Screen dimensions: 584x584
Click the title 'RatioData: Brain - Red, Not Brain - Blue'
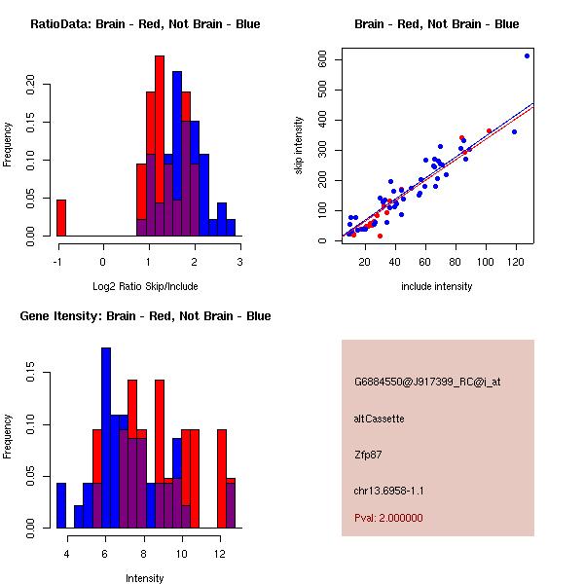[x=145, y=24]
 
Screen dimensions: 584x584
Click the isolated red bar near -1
[x=60, y=217]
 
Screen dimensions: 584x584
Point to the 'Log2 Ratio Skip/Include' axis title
[x=145, y=286]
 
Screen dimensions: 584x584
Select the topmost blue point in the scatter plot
[x=527, y=56]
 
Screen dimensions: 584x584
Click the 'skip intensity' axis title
[x=299, y=145]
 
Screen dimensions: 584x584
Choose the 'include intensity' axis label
[x=436, y=286]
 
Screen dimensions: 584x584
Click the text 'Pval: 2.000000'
[x=388, y=518]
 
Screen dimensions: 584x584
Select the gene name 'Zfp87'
[x=368, y=454]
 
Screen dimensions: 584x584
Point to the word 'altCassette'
[x=380, y=419]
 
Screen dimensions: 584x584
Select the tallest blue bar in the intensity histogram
[x=106, y=438]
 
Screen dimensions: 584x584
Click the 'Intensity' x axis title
[x=145, y=578]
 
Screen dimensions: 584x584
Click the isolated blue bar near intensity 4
[x=61, y=505]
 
